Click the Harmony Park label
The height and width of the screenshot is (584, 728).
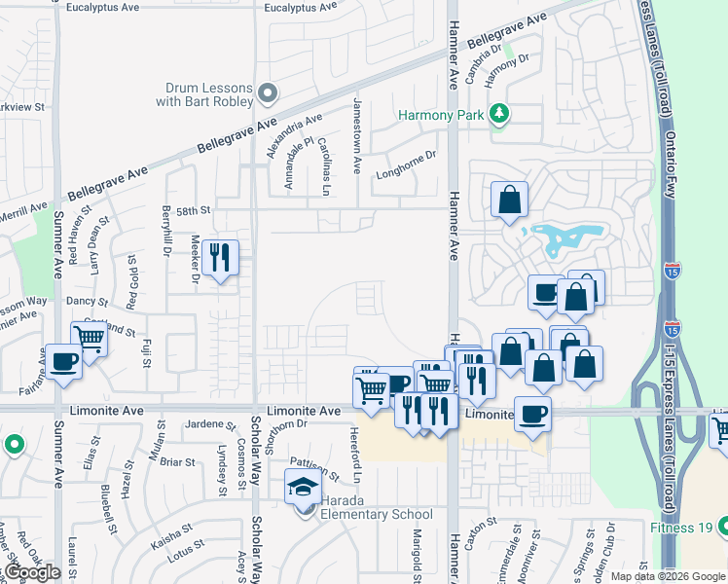point(440,115)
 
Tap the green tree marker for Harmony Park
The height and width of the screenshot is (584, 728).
point(499,114)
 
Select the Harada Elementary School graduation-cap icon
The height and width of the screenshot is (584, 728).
point(303,487)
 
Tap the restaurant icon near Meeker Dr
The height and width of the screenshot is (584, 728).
point(221,258)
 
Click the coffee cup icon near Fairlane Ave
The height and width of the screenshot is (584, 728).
point(64,361)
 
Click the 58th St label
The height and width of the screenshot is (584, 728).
point(193,209)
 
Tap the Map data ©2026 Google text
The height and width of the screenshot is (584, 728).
point(667,576)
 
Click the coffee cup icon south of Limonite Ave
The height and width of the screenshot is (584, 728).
point(532,413)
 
